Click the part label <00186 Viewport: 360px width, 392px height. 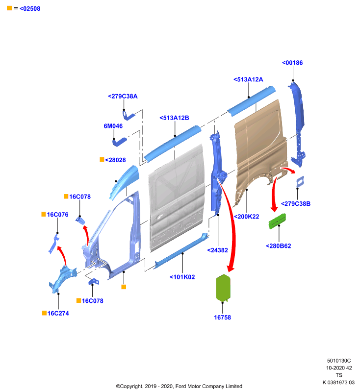click(x=292, y=63)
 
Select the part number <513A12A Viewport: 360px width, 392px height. click(x=248, y=79)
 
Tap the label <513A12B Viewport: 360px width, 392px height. click(x=174, y=118)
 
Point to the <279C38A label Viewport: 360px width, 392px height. click(x=123, y=96)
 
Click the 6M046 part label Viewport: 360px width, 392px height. click(x=113, y=126)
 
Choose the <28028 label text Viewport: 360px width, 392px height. click(x=115, y=160)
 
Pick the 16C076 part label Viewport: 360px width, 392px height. click(x=57, y=215)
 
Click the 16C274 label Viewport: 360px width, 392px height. click(x=58, y=313)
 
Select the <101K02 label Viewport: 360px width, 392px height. click(x=182, y=277)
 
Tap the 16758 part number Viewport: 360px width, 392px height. click(x=222, y=318)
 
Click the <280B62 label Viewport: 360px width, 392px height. click(x=279, y=246)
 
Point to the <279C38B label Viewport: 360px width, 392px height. click(x=296, y=204)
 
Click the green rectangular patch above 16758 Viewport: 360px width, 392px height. click(x=223, y=288)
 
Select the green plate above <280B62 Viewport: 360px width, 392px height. click(x=277, y=221)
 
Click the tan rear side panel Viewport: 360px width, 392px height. click(x=260, y=150)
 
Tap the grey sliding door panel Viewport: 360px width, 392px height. click(x=177, y=197)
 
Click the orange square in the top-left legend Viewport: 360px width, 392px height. click(x=9, y=8)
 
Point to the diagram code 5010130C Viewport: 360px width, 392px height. click(x=339, y=361)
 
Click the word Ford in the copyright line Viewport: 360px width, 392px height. click(x=180, y=386)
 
